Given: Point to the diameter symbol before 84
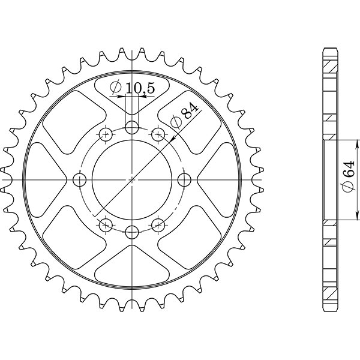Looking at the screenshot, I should coord(176,124).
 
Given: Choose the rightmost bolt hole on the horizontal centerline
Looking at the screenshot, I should coord(185,179).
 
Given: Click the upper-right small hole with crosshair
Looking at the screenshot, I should coord(158,134).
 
